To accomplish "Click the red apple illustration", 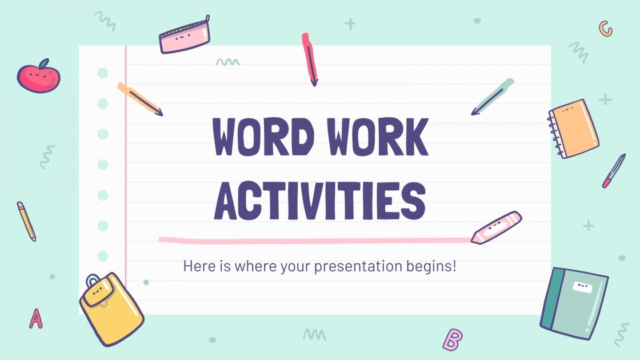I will pos(38,76).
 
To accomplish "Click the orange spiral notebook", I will pos(574,129).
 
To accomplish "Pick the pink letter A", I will pos(36,318).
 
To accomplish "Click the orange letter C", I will pos(605,29).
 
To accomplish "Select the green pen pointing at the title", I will pos(493,97).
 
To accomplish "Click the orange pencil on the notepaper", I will pos(140,99).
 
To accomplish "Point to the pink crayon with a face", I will pos(496,227).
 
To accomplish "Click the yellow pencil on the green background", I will pos(26,221).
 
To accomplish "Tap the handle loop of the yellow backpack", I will pos(93,281).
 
